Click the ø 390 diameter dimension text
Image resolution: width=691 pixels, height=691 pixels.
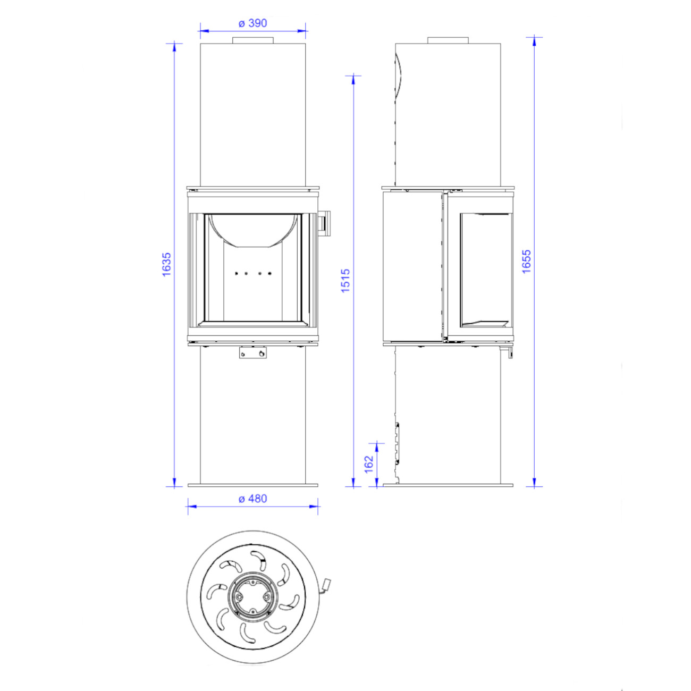(252, 23)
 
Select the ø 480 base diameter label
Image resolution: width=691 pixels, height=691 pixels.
(252, 499)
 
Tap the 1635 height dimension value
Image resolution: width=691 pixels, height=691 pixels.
(167, 265)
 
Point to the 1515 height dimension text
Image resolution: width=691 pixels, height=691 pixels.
(345, 281)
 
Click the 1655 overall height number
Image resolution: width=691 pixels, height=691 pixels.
(526, 262)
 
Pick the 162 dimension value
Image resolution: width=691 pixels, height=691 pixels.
(369, 465)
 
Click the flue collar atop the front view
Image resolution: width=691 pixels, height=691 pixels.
(253, 40)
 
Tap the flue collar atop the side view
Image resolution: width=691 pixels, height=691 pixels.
(448, 40)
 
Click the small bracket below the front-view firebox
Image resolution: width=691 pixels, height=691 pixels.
(253, 353)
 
